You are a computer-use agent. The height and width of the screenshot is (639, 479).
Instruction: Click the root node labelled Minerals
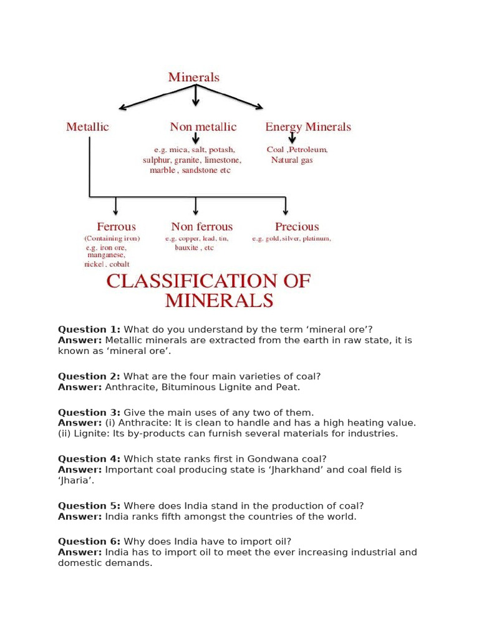coord(193,77)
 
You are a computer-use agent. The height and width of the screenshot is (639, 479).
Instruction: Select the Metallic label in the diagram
coord(87,127)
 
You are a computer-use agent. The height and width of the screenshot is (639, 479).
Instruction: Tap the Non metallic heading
coord(203,127)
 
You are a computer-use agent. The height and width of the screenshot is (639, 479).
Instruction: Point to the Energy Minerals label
coord(308,127)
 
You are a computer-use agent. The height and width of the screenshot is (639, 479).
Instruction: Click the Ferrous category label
coord(116,227)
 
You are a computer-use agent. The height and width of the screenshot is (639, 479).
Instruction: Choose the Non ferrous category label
coord(201,227)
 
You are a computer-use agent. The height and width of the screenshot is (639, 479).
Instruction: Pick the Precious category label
coord(297,227)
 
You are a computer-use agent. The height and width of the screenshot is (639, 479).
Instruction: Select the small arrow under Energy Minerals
coord(292,138)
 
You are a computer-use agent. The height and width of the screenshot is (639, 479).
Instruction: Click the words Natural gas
coord(292,160)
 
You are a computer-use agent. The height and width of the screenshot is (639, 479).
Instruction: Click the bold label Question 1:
coord(89,329)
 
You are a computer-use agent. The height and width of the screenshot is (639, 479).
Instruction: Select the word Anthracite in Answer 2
coord(130,387)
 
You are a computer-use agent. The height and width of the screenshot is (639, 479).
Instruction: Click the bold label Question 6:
coord(89,541)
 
